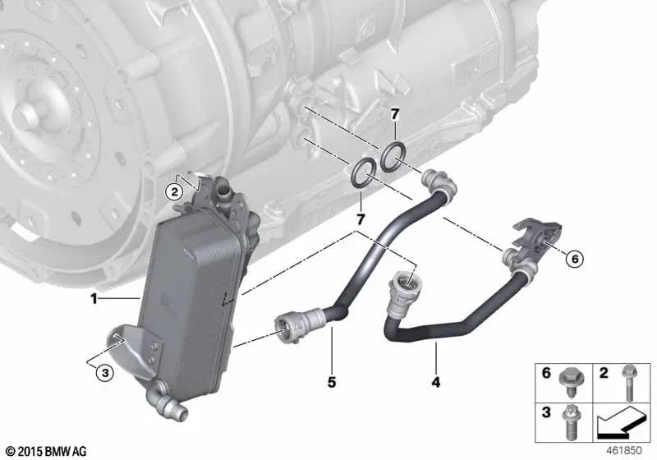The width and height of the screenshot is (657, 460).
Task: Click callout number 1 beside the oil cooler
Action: coord(94,299)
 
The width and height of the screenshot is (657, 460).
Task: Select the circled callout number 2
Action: coord(173,192)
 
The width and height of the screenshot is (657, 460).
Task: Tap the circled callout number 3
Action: coord(104,372)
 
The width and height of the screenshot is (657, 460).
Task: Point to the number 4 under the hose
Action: coord(436,381)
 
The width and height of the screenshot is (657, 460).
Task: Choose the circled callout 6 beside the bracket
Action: coord(574,259)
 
